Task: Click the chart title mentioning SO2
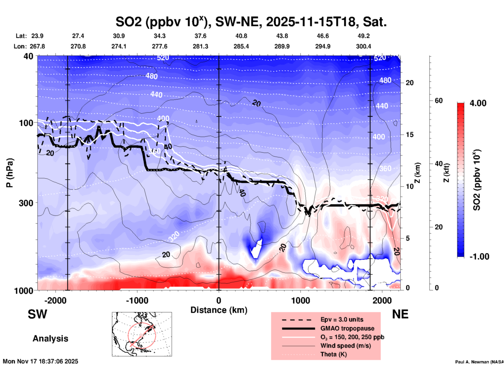coord(251,22)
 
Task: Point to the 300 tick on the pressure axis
coord(26,203)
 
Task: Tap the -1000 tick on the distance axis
coord(137,300)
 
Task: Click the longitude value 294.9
coord(323,46)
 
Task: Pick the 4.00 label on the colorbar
coord(478,103)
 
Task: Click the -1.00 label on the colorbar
coord(479,257)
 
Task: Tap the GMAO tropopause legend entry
coord(347,328)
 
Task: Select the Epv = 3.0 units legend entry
coord(341,319)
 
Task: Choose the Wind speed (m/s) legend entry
coord(345,346)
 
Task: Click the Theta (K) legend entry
coord(333,354)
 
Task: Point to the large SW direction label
coord(37,314)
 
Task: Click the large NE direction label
coord(400,314)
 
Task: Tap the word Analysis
coord(50,339)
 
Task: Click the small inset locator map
coord(142,334)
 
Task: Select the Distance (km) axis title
coord(219,310)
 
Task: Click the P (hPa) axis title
coord(10,173)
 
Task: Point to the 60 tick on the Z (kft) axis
coord(439,101)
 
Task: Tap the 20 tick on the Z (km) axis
coord(410,83)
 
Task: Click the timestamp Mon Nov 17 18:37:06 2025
coord(41,361)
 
